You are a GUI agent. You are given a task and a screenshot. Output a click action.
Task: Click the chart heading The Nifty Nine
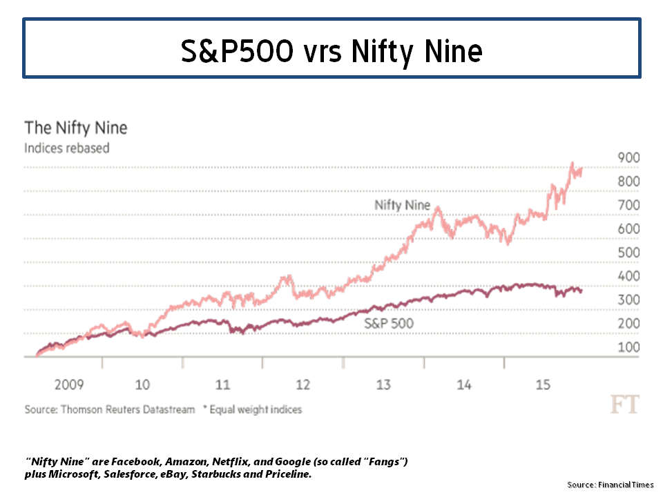coord(76,128)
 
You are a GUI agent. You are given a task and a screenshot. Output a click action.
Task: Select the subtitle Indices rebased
coord(67,148)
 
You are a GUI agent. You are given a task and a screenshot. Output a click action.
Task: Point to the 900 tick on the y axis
coord(628,157)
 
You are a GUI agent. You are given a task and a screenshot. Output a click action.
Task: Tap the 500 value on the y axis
coord(628,252)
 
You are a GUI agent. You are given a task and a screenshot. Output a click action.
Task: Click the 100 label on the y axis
coord(628,347)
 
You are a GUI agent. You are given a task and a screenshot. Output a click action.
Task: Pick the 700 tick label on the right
coord(628,205)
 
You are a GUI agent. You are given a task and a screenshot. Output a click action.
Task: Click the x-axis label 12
coord(302,384)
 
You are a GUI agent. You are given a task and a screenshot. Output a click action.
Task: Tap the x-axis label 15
coord(544,384)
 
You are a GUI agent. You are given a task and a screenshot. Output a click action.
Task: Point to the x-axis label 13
coord(383,384)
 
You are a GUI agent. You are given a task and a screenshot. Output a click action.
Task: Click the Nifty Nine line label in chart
coord(402,205)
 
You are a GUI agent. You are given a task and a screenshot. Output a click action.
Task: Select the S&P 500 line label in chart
coord(388,322)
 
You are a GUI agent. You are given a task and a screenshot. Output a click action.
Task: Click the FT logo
coord(624,405)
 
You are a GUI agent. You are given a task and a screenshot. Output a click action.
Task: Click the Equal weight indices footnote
coord(255,409)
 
